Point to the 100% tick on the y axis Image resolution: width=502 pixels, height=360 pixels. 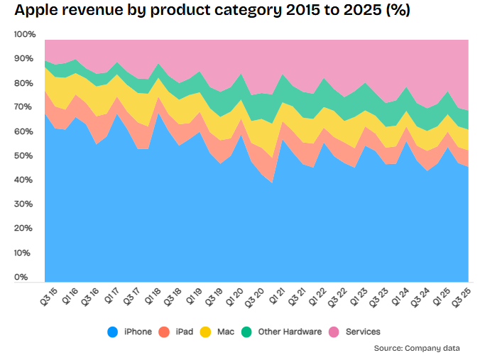click(x=25, y=35)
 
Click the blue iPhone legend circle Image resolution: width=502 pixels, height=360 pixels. click(x=112, y=332)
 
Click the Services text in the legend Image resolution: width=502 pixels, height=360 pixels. click(x=364, y=332)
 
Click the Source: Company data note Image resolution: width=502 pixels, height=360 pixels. click(x=417, y=348)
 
